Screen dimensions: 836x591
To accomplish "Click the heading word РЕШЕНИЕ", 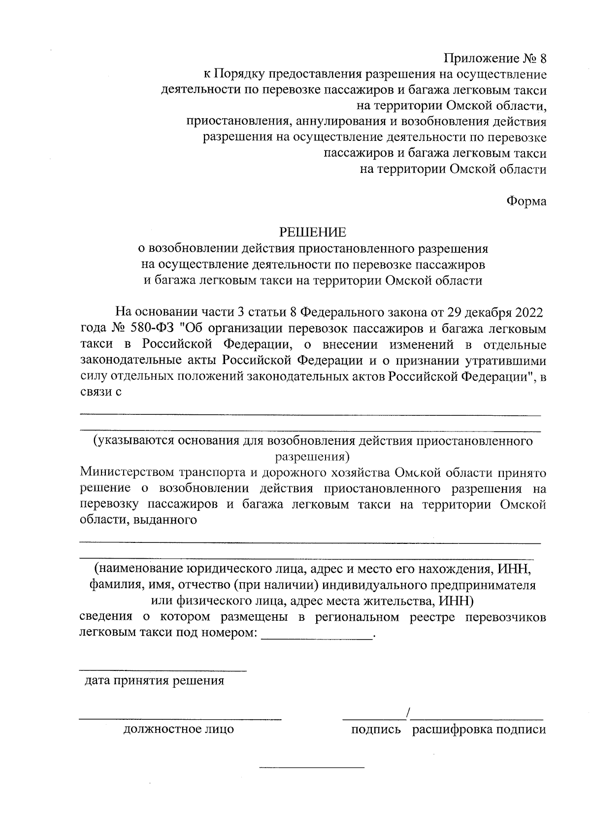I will click(x=313, y=232).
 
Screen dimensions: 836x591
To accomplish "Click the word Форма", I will click(x=526, y=201).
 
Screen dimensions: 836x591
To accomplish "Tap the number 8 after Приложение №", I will click(x=542, y=59).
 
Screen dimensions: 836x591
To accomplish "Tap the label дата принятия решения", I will click(x=155, y=681).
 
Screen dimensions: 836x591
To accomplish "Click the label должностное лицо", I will click(x=178, y=729).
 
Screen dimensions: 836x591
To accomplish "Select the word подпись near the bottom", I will click(x=376, y=730).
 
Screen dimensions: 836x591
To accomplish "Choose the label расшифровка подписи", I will click(x=479, y=730).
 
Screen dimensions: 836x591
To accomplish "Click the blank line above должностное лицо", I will click(x=181, y=719).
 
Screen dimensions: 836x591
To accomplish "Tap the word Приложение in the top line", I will click(x=479, y=59).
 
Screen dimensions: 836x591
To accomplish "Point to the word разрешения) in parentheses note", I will click(x=312, y=456).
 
